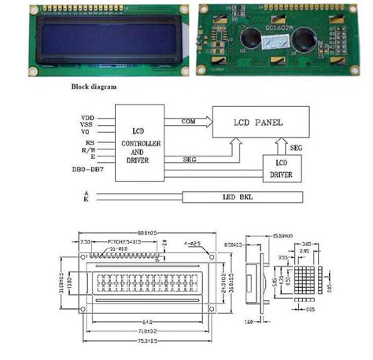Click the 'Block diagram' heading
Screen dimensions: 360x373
coord(94,86)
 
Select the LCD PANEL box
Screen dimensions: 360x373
coord(260,123)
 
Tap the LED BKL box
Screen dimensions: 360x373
coord(243,197)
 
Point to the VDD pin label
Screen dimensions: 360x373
coord(87,118)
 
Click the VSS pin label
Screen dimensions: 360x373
coord(87,125)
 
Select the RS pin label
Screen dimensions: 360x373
coord(89,142)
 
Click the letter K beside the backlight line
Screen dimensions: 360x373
coord(86,200)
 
